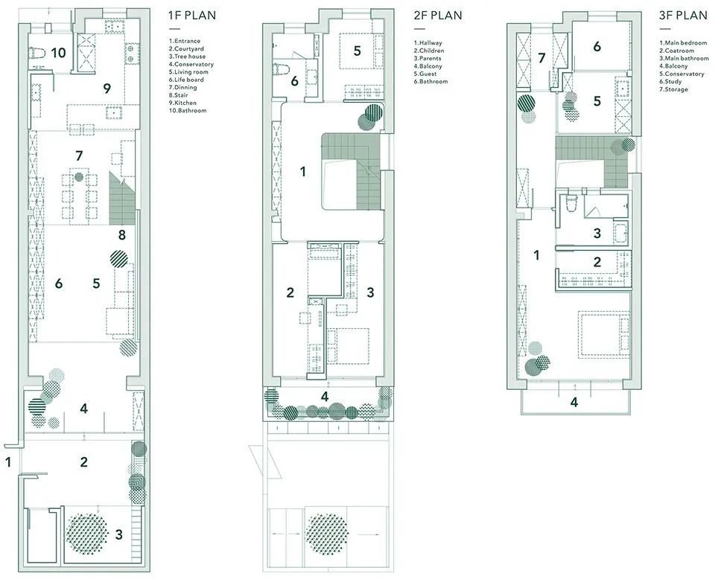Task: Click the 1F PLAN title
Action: pyautogui.click(x=192, y=15)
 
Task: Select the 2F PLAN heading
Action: pyautogui.click(x=438, y=15)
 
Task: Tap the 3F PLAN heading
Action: pyautogui.click(x=683, y=15)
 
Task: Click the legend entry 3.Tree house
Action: pyautogui.click(x=187, y=57)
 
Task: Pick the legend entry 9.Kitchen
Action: pyautogui.click(x=182, y=103)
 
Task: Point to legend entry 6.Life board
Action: pyautogui.click(x=186, y=80)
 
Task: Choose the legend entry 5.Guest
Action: pyautogui.click(x=425, y=74)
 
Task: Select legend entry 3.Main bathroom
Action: pyautogui.click(x=684, y=58)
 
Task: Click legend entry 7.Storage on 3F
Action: pyautogui.click(x=673, y=89)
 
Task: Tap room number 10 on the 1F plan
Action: pyautogui.click(x=58, y=53)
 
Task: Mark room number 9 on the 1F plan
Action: pyautogui.click(x=107, y=88)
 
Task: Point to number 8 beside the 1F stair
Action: pyautogui.click(x=121, y=235)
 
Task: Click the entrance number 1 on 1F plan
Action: pyautogui.click(x=7, y=462)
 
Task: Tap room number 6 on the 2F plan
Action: pyautogui.click(x=295, y=81)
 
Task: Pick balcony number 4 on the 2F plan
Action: pyautogui.click(x=324, y=397)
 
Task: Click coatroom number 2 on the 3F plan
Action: pyautogui.click(x=597, y=262)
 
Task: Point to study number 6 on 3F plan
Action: pyautogui.click(x=597, y=46)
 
